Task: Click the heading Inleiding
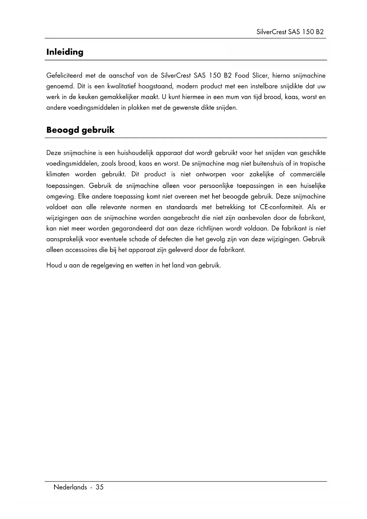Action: [x=65, y=52]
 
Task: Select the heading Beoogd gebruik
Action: [x=80, y=130]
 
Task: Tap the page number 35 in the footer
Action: [x=100, y=487]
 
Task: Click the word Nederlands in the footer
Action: [x=70, y=487]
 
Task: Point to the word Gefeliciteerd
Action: [x=64, y=76]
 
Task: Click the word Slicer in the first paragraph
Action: [x=260, y=76]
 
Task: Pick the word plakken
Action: [x=139, y=108]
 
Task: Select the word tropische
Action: [x=313, y=164]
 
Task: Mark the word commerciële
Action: [x=308, y=174]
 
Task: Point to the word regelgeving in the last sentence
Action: [x=107, y=265]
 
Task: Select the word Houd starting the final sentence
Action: [x=53, y=265]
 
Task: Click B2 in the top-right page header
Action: [x=319, y=32]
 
